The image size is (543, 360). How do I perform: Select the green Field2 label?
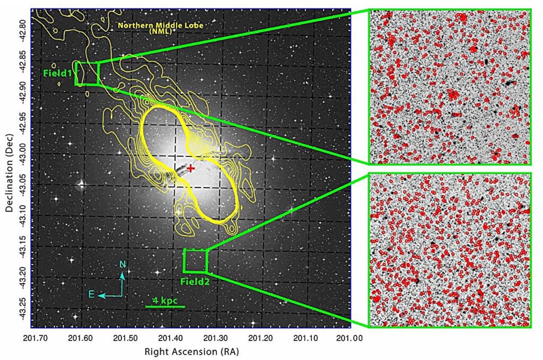coord(195,282)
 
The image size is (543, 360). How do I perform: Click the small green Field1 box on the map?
coord(87,74)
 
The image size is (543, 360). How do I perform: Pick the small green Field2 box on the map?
coord(195,260)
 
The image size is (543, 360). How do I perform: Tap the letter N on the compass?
coord(122,265)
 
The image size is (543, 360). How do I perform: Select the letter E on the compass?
coord(91,294)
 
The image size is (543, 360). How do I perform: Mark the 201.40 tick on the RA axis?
coord(170,337)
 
